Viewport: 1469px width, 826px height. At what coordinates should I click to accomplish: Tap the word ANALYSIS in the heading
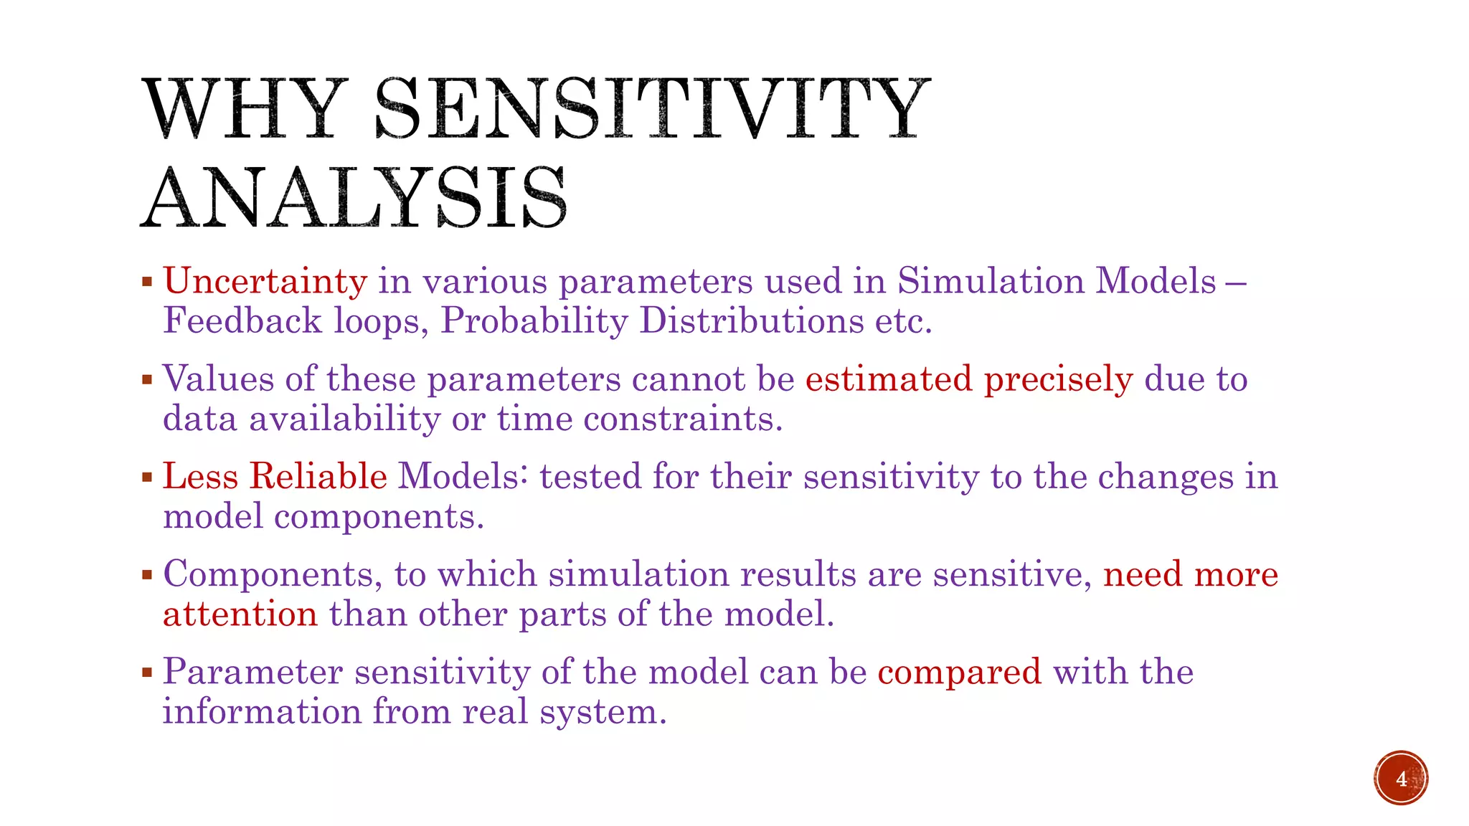click(x=354, y=199)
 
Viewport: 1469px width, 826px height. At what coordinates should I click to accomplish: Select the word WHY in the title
click(x=242, y=109)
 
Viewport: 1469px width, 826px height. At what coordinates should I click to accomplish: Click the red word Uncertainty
click(x=265, y=281)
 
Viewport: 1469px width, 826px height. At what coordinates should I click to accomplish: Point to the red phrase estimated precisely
click(x=968, y=379)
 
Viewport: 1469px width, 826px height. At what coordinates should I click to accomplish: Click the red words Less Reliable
click(x=275, y=477)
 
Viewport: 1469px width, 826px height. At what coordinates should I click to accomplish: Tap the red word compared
click(x=959, y=673)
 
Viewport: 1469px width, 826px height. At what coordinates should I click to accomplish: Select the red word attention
click(x=240, y=615)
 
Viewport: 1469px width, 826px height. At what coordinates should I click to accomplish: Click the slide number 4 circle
click(x=1401, y=778)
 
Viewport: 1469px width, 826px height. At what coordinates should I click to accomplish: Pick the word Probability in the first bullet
click(x=534, y=321)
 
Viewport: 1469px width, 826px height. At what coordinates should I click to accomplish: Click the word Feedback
click(x=242, y=321)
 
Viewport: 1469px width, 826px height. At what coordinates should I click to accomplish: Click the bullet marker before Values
click(x=147, y=379)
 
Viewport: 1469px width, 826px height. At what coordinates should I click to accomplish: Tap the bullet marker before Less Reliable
click(x=147, y=477)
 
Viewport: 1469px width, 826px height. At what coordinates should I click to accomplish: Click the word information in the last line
click(x=262, y=711)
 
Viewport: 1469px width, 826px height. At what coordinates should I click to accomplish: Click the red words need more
click(x=1190, y=575)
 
